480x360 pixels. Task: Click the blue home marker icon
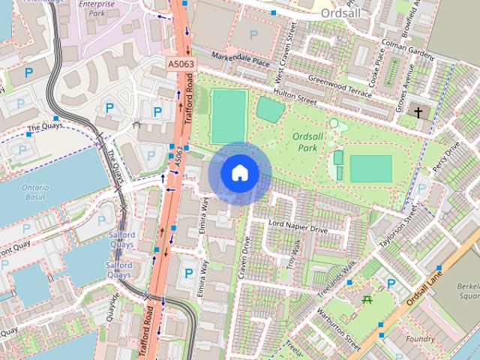tap(239, 173)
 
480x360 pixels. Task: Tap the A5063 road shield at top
tap(181, 64)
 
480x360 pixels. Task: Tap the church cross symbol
tap(418, 112)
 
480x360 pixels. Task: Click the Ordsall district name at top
tap(340, 13)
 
